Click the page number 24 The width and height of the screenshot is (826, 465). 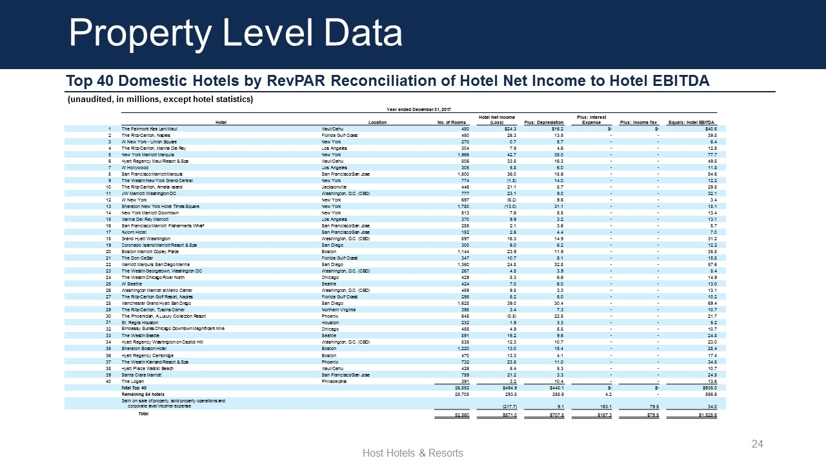point(758,444)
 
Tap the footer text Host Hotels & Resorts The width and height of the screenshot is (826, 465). point(413,453)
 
